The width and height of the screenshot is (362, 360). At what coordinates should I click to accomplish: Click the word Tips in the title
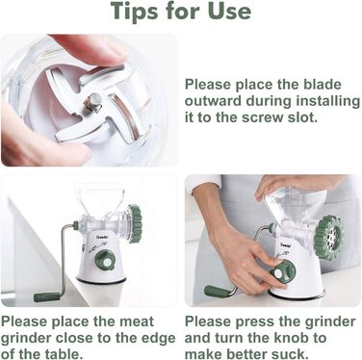coord(135,13)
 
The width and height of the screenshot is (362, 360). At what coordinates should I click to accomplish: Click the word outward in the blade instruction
coord(214,101)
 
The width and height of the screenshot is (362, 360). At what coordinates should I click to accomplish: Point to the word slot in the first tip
coord(302,117)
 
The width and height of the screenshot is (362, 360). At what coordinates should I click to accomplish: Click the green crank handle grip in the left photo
coord(47,296)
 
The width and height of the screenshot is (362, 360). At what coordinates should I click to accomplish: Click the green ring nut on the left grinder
coord(135,223)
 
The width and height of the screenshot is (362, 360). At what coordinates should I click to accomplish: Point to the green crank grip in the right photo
coord(216,292)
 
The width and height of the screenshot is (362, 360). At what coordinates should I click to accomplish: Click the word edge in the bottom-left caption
coord(161,339)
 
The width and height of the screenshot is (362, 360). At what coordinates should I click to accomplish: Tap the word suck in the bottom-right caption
coord(288,354)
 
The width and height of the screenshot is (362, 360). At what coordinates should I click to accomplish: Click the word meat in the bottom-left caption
coord(137,321)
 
